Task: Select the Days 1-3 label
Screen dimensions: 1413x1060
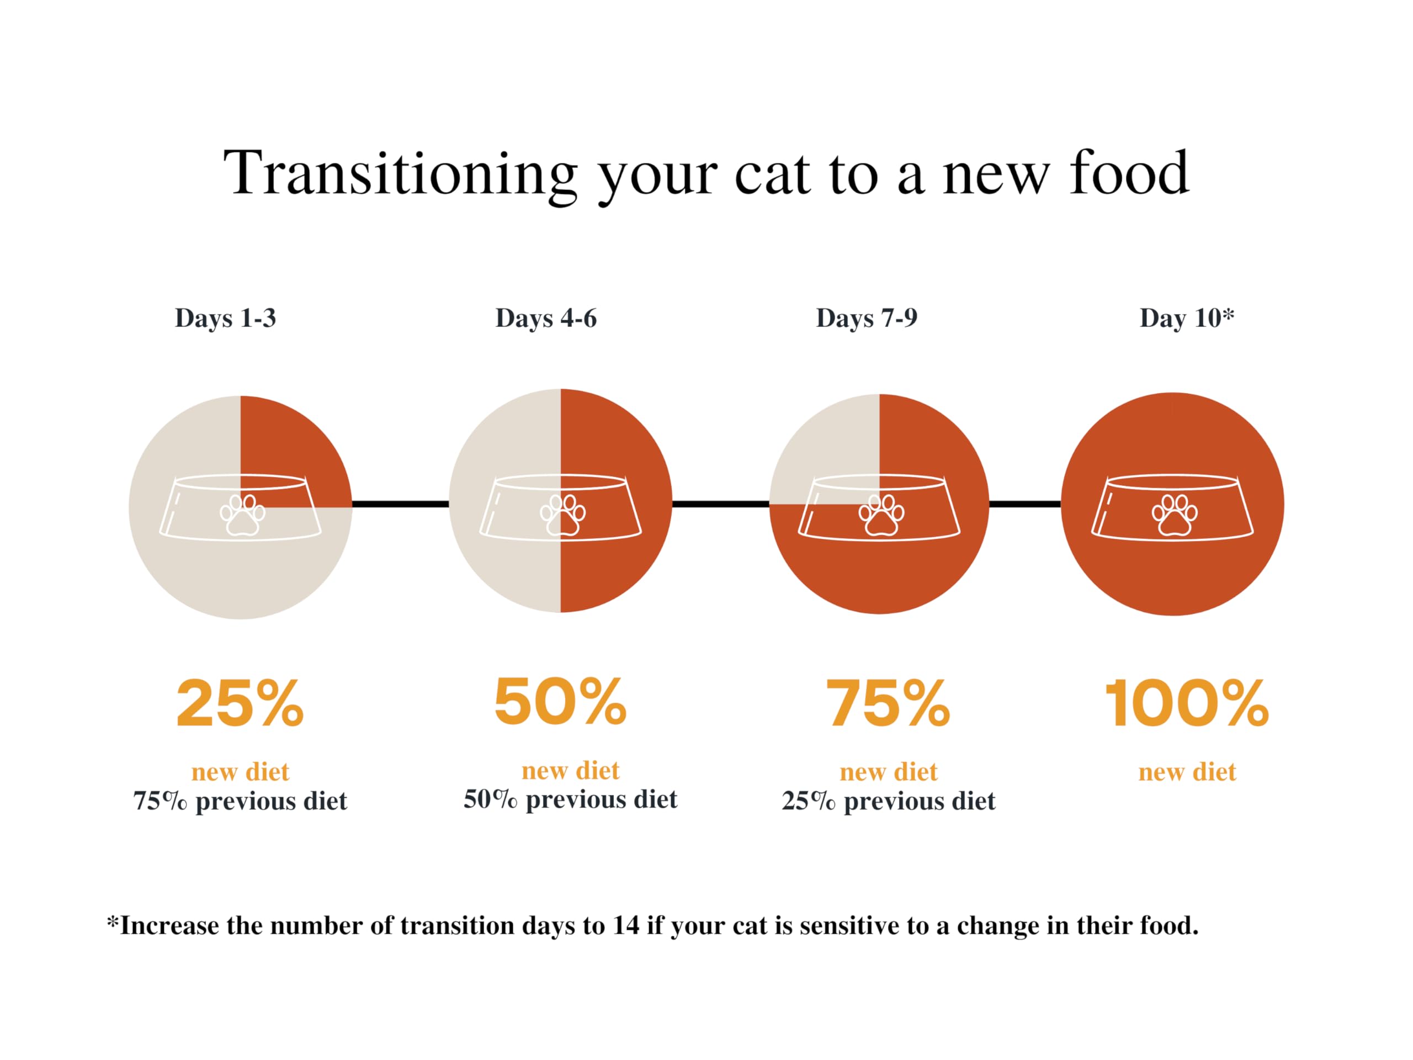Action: point(226,318)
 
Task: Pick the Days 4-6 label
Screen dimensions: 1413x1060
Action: point(546,318)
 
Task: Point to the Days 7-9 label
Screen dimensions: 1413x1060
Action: point(867,318)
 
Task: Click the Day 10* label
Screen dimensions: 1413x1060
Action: point(1187,317)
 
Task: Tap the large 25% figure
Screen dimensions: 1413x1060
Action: point(240,703)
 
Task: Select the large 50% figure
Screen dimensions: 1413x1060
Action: point(560,702)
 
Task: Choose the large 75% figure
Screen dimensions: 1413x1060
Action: point(888,703)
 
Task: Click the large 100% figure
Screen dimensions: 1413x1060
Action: point(1187,703)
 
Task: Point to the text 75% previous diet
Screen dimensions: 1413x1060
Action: point(240,801)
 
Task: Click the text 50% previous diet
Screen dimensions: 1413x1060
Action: point(570,799)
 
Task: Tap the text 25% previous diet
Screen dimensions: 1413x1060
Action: point(889,801)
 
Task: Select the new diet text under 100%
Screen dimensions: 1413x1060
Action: point(1187,772)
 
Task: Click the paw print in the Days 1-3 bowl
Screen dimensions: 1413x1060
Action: point(242,515)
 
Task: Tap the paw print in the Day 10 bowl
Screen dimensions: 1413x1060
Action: point(1175,515)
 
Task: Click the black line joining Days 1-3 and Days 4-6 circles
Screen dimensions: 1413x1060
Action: point(401,504)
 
